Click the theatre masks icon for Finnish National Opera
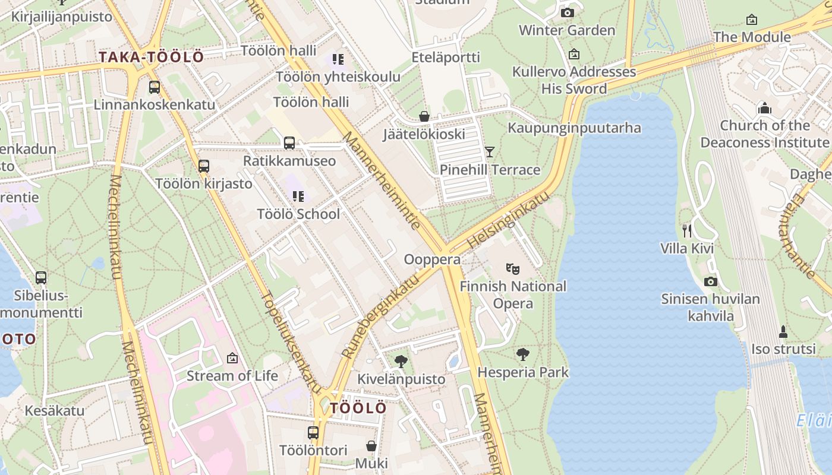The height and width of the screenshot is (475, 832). [512, 269]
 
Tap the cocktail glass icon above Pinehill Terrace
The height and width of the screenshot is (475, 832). [489, 152]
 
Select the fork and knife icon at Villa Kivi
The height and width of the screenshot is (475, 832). [687, 230]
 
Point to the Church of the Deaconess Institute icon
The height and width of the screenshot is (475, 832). [764, 108]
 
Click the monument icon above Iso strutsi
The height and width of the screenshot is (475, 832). [783, 331]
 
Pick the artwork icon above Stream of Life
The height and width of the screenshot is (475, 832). [232, 358]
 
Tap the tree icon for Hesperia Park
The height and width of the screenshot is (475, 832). [523, 354]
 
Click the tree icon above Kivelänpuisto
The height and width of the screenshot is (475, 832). [401, 361]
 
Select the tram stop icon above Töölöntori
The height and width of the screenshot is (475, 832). [313, 433]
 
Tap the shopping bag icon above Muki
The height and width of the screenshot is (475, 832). [371, 445]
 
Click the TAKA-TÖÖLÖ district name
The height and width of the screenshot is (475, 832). [151, 58]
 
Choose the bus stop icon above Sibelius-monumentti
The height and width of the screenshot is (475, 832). [41, 277]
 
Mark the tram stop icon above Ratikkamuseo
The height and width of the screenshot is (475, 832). [289, 143]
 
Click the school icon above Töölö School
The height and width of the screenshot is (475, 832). [298, 196]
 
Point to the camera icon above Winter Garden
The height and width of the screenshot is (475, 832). [567, 12]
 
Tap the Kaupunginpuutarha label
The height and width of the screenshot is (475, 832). [574, 128]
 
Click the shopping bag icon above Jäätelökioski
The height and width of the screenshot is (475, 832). [424, 116]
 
